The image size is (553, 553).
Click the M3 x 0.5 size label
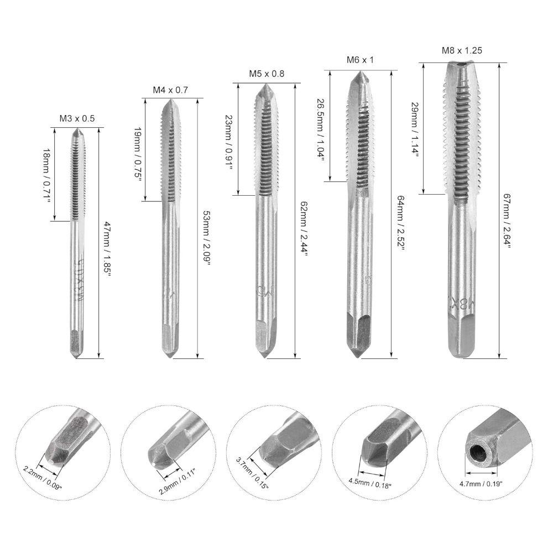[77, 118]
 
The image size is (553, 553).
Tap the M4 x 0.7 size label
[170, 89]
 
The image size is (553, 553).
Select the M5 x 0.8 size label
[267, 74]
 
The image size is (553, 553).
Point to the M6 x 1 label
[359, 60]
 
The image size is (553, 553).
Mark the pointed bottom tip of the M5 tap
[264, 355]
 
